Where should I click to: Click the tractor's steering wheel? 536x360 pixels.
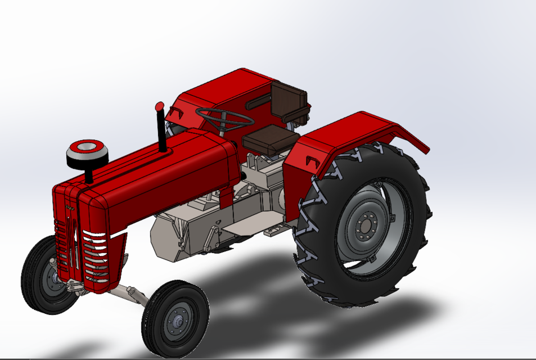(x=224, y=118)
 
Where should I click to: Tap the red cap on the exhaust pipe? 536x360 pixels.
(x=159, y=106)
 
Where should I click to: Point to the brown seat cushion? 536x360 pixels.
(x=271, y=137)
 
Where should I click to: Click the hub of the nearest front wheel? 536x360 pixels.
(x=178, y=320)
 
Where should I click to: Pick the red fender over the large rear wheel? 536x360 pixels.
(x=349, y=135)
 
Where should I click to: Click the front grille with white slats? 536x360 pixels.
(x=94, y=256)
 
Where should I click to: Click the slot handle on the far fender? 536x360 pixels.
(x=258, y=102)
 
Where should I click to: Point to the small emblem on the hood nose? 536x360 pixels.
(x=71, y=208)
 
